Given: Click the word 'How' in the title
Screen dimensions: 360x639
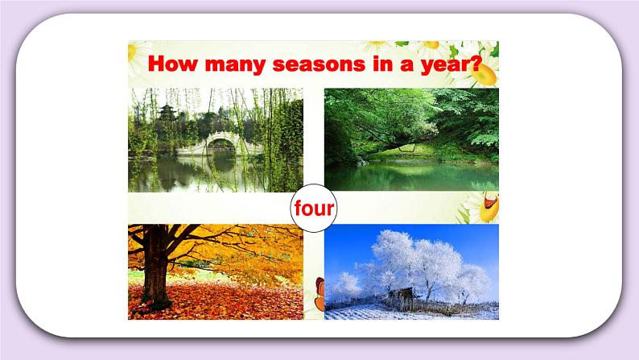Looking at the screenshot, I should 172,63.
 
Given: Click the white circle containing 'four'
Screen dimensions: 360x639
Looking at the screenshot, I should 313,209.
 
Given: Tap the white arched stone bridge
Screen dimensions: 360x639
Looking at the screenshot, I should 212,145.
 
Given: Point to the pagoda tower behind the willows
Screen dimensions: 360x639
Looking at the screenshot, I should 167,117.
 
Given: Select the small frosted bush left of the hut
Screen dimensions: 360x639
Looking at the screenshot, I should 348,285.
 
